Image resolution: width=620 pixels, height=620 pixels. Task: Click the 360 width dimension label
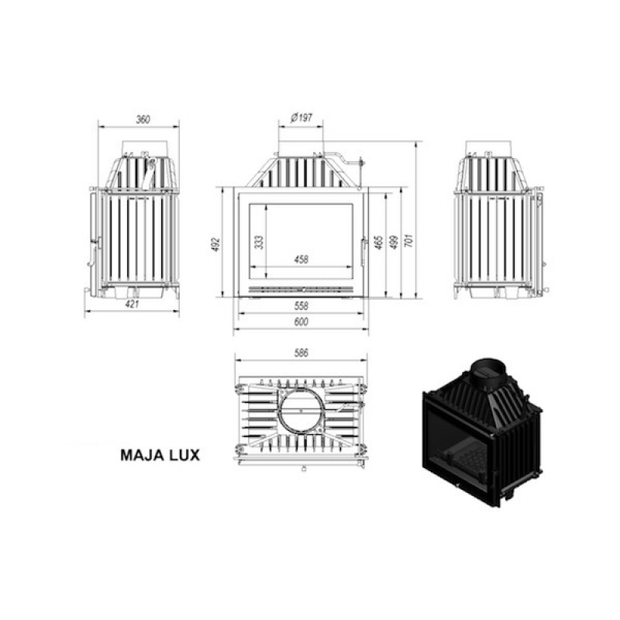tap(143, 119)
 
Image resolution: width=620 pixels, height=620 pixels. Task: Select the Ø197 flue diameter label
tap(301, 118)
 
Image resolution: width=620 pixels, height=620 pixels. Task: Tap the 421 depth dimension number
tap(132, 304)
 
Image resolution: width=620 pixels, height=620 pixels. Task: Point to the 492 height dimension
tap(215, 244)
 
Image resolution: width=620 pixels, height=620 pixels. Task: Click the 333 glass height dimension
tap(259, 242)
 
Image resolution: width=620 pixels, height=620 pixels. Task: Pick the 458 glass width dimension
tap(301, 260)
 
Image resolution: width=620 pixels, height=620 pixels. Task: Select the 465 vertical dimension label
tap(378, 243)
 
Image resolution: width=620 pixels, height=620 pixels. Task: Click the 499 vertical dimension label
tap(394, 242)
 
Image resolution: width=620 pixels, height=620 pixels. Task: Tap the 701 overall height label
tap(409, 240)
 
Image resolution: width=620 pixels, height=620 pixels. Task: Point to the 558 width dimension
tap(301, 305)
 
